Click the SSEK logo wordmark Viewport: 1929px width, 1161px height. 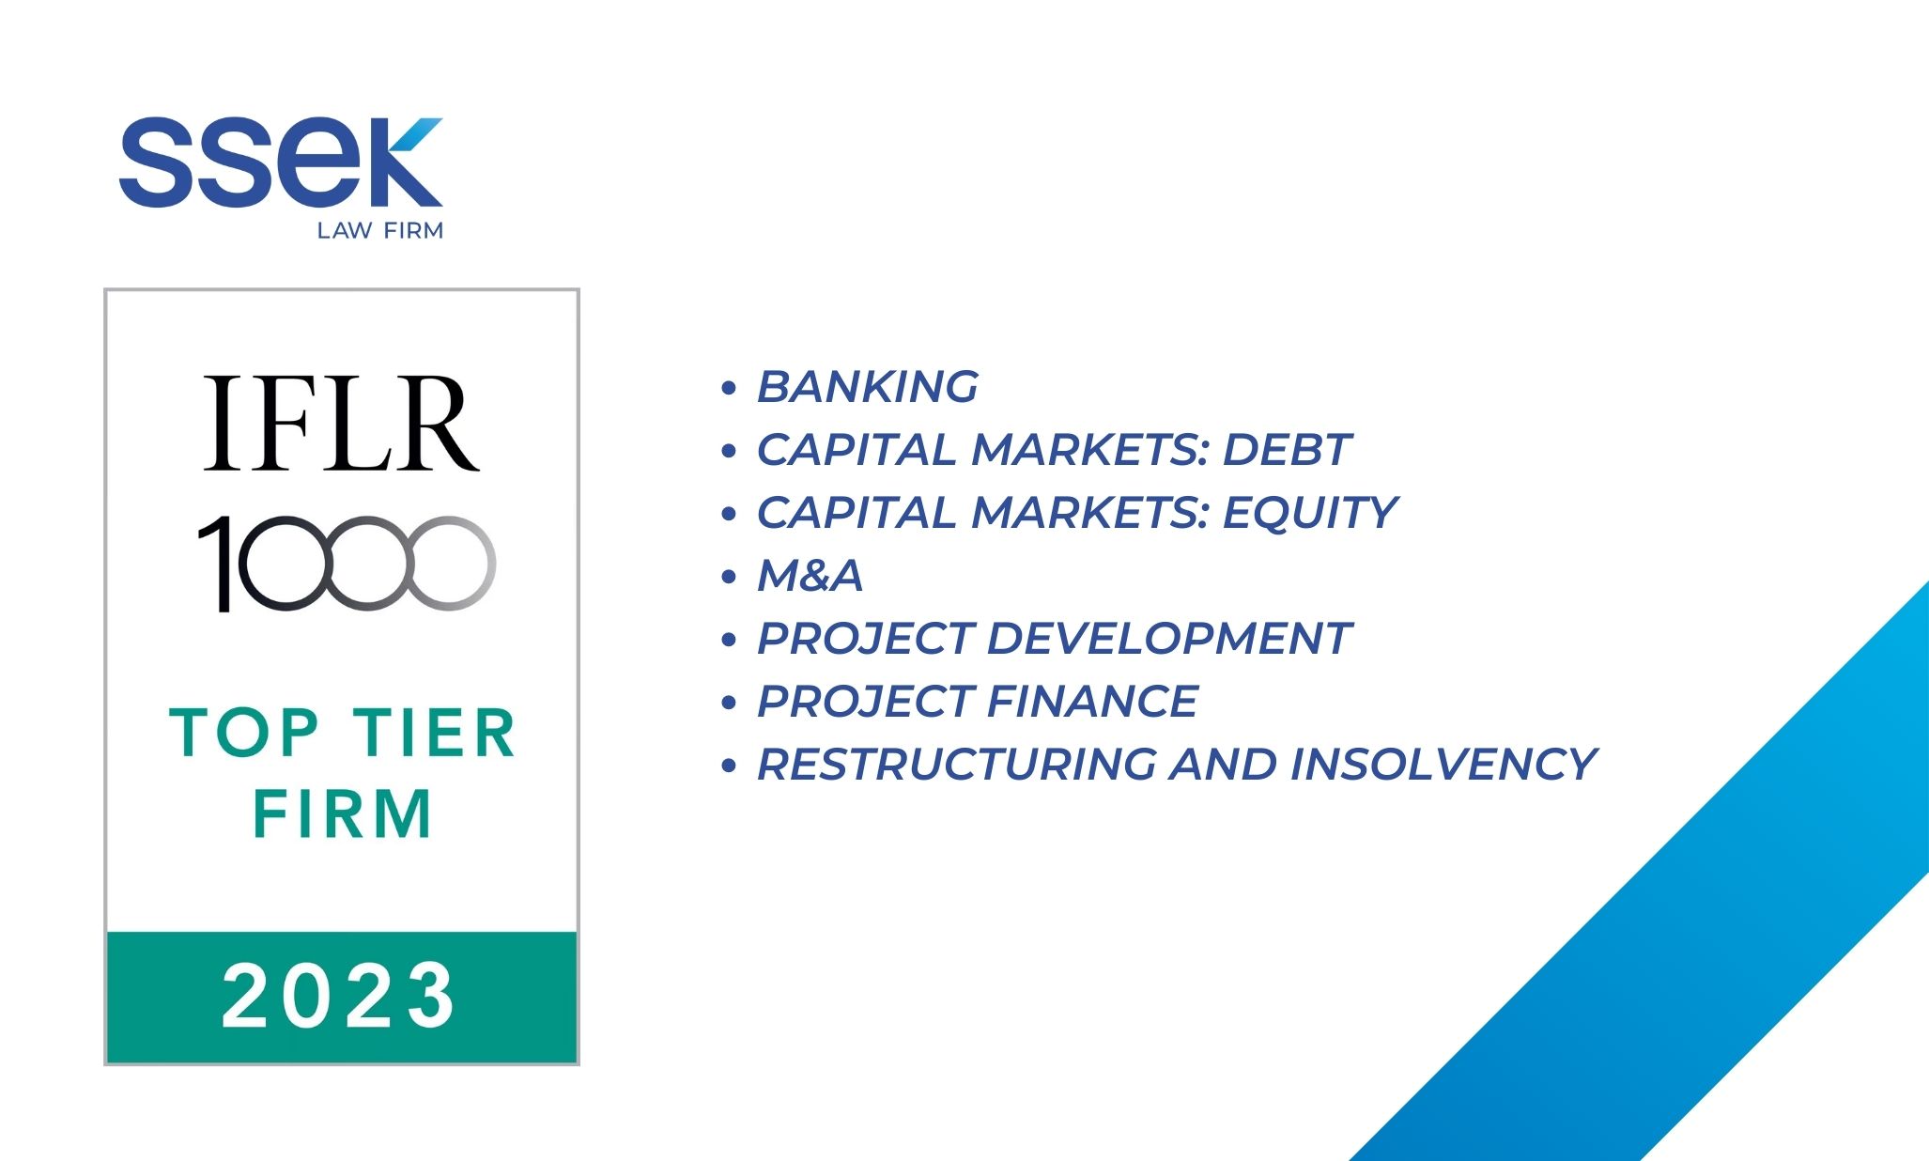[281, 162]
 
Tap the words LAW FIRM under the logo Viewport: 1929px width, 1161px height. [380, 231]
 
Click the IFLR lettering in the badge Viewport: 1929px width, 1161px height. [342, 423]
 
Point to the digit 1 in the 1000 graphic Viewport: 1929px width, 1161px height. [218, 564]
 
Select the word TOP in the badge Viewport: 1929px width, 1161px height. [244, 733]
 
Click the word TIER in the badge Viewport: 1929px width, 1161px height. [435, 733]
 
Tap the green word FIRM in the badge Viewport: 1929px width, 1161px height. [342, 813]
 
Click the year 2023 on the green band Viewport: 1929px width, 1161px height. [339, 996]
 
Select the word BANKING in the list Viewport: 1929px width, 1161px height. [868, 387]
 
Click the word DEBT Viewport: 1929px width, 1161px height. [1287, 450]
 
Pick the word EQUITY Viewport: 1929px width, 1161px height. [1310, 513]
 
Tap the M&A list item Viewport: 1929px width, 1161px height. [810, 576]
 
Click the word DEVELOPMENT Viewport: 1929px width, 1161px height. [1168, 639]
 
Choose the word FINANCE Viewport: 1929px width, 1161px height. [1092, 702]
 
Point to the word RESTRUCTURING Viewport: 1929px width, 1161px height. [957, 765]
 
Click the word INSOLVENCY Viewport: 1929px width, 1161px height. [1443, 765]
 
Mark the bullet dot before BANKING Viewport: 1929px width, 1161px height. [729, 388]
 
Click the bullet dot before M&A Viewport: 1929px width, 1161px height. [729, 577]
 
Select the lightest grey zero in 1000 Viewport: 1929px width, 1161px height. [450, 564]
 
